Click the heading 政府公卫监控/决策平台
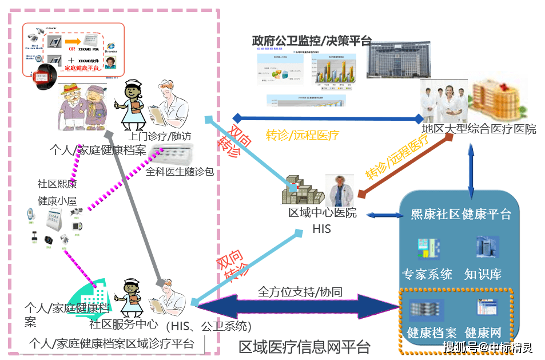(312, 41)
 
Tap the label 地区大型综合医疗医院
(479, 129)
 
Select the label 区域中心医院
(322, 213)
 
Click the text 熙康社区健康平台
(461, 214)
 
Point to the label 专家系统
(427, 274)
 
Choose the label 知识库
(483, 274)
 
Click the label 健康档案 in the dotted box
(431, 333)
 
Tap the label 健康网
(483, 333)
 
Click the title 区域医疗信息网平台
(304, 347)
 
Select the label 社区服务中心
(124, 324)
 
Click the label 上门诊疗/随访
(160, 136)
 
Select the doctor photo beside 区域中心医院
(340, 191)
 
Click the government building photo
(395, 60)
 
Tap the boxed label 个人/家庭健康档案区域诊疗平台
(111, 344)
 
